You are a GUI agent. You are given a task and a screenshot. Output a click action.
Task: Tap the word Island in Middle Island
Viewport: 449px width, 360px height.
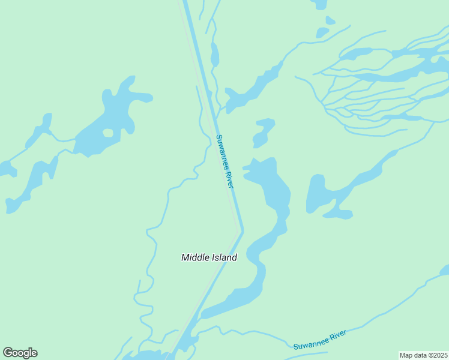click(223, 257)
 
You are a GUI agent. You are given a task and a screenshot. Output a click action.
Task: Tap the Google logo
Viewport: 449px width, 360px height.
click(20, 353)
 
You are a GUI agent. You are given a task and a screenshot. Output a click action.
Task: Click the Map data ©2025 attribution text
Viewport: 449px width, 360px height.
click(423, 355)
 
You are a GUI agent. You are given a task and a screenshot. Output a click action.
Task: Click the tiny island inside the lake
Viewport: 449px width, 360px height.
click(108, 133)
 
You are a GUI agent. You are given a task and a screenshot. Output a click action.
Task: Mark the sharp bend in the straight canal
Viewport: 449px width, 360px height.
click(242, 230)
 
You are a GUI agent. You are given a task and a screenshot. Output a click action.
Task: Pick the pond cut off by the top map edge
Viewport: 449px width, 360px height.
click(319, 4)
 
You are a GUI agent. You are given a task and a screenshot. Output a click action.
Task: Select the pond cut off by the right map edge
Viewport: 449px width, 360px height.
click(445, 270)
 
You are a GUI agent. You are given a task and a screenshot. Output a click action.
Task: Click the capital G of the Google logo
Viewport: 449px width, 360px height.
click(8, 353)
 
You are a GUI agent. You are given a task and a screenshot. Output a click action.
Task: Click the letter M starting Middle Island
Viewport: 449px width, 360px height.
click(185, 257)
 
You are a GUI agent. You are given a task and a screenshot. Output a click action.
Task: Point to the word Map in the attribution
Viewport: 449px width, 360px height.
click(406, 355)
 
